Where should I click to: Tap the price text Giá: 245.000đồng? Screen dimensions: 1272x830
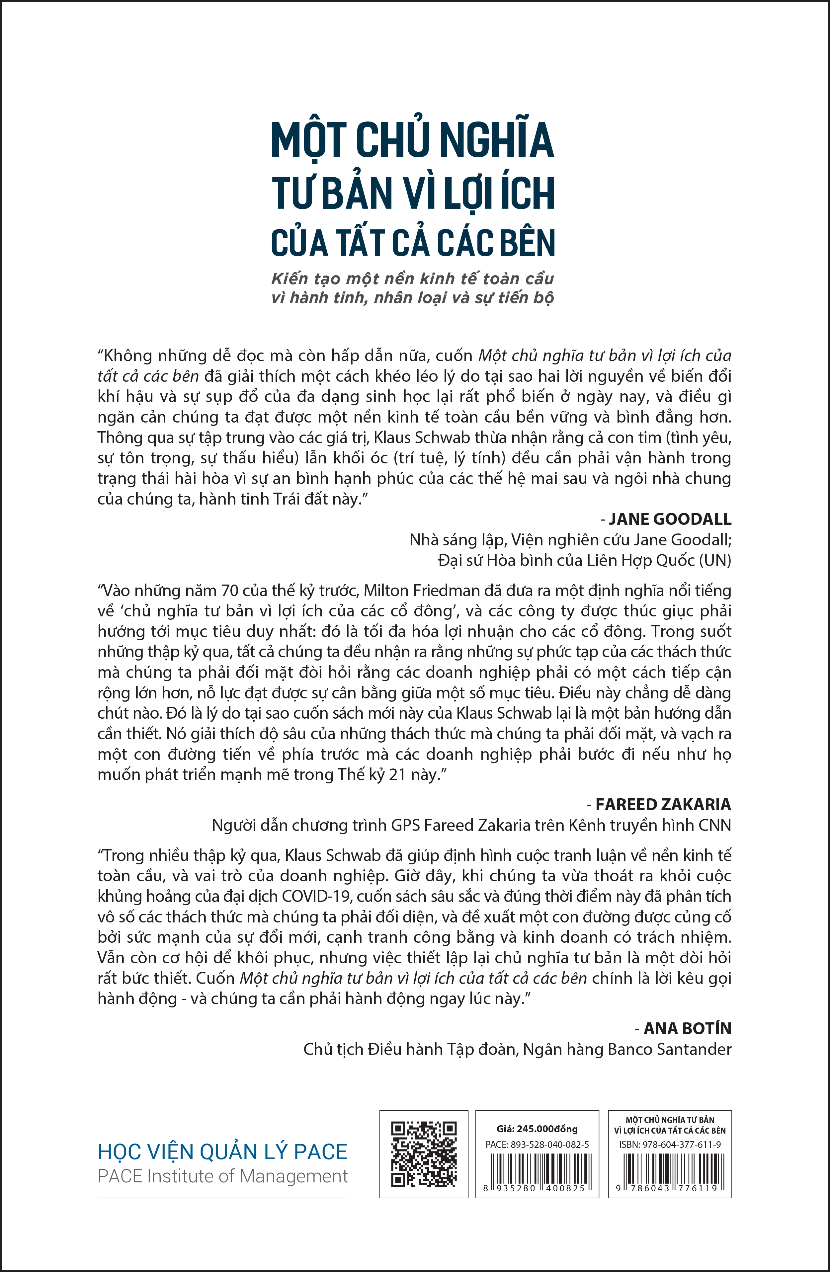pyautogui.click(x=537, y=1129)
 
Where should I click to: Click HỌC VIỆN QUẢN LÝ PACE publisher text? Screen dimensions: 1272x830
pyautogui.click(x=222, y=1152)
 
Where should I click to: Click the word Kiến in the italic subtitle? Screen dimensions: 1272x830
pyautogui.click(x=290, y=278)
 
